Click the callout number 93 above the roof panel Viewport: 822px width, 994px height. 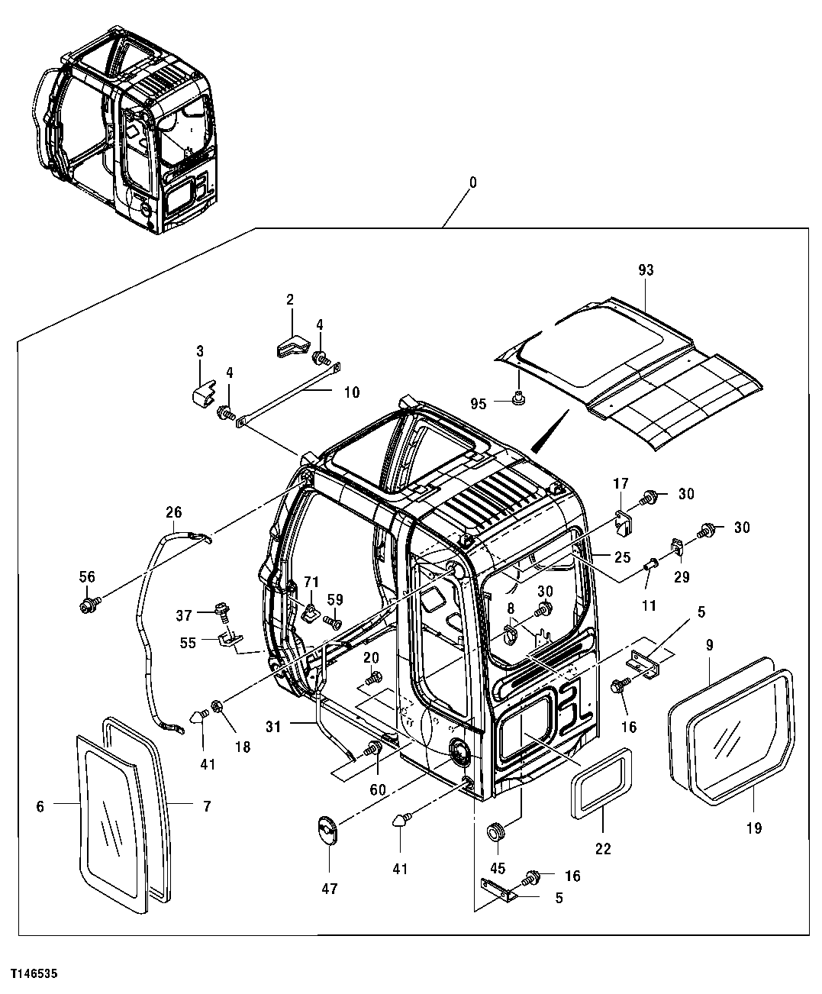(646, 270)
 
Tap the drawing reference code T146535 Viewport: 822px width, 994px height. (34, 974)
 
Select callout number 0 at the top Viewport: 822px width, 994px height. (472, 182)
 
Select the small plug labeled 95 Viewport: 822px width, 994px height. (518, 396)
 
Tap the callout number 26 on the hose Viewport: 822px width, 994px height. (173, 512)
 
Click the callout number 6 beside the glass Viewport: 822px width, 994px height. (40, 805)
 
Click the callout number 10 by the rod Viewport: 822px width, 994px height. (351, 392)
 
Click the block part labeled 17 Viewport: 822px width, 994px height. (626, 521)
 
